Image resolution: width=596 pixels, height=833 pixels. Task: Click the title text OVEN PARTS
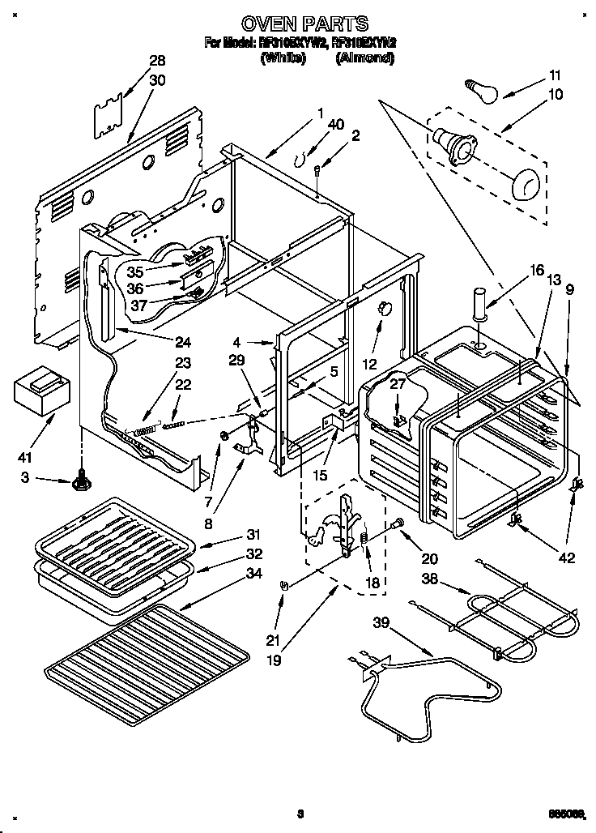click(x=299, y=23)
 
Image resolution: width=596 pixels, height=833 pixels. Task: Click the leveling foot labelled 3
click(x=81, y=481)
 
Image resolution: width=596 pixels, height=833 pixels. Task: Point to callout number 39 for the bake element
click(x=381, y=622)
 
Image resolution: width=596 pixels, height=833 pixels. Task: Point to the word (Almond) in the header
click(x=364, y=58)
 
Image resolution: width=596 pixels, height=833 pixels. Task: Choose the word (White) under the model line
click(x=283, y=58)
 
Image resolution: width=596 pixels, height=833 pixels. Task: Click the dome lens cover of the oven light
click(x=526, y=184)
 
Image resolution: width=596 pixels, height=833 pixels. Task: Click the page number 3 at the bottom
click(x=300, y=814)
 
